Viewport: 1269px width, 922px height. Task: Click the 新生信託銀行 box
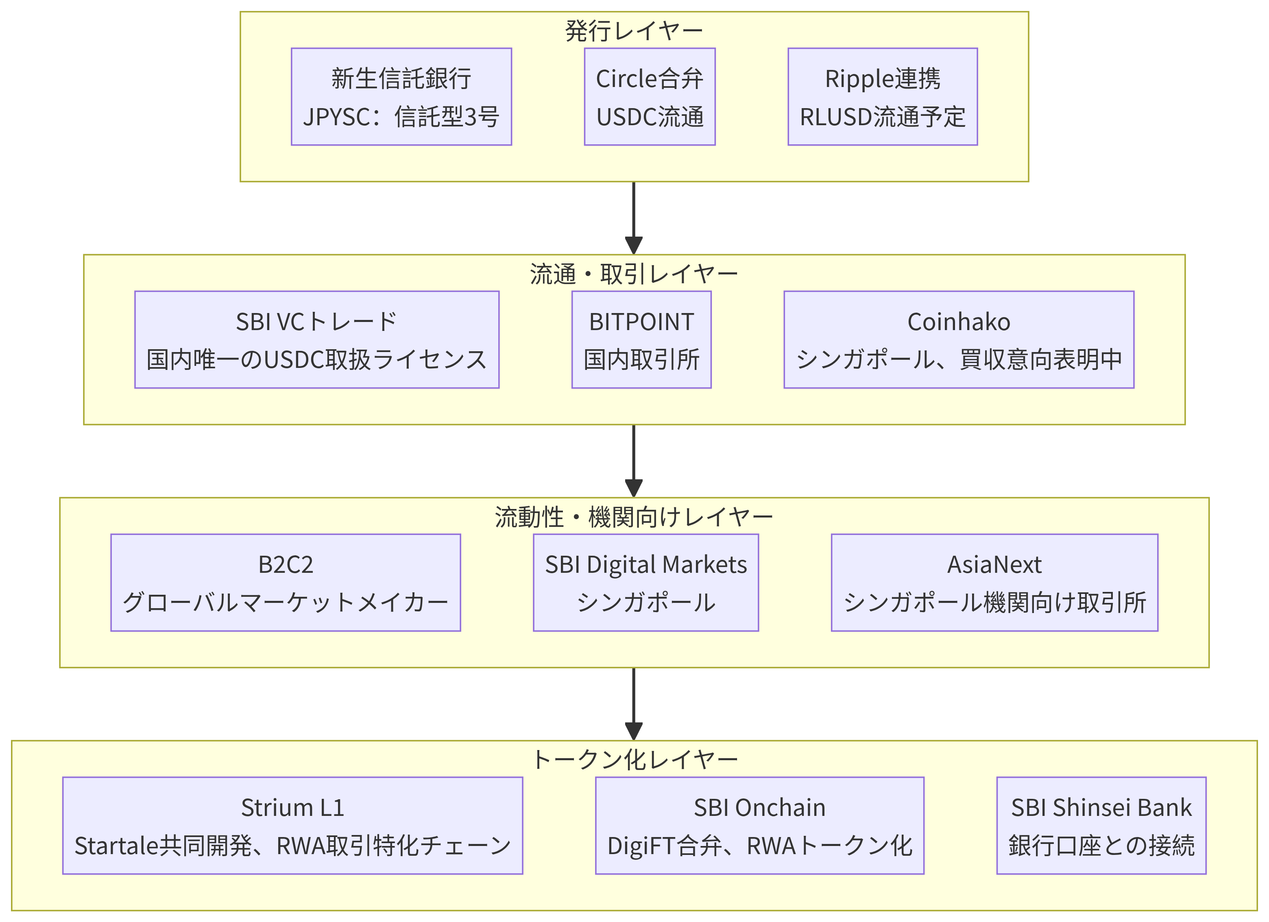point(401,96)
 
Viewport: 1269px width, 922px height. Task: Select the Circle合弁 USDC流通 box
point(650,96)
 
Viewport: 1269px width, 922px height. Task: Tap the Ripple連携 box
point(882,96)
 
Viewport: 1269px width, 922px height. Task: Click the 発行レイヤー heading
point(634,31)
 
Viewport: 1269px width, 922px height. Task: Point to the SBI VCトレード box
point(317,339)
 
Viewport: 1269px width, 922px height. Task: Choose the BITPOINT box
point(641,339)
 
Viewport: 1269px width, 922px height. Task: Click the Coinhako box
point(959,339)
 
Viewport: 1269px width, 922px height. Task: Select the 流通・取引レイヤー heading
point(634,274)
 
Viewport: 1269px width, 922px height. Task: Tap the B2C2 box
point(286,582)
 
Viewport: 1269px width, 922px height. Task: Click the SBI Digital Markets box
point(646,582)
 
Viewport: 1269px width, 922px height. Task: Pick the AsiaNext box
point(994,582)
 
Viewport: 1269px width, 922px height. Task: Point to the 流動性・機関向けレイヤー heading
point(634,517)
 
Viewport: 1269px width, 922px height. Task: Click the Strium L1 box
point(292,825)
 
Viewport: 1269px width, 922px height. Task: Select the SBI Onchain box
point(759,825)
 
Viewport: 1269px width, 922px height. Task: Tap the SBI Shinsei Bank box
point(1101,825)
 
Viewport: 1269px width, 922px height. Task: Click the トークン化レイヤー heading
point(634,760)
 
